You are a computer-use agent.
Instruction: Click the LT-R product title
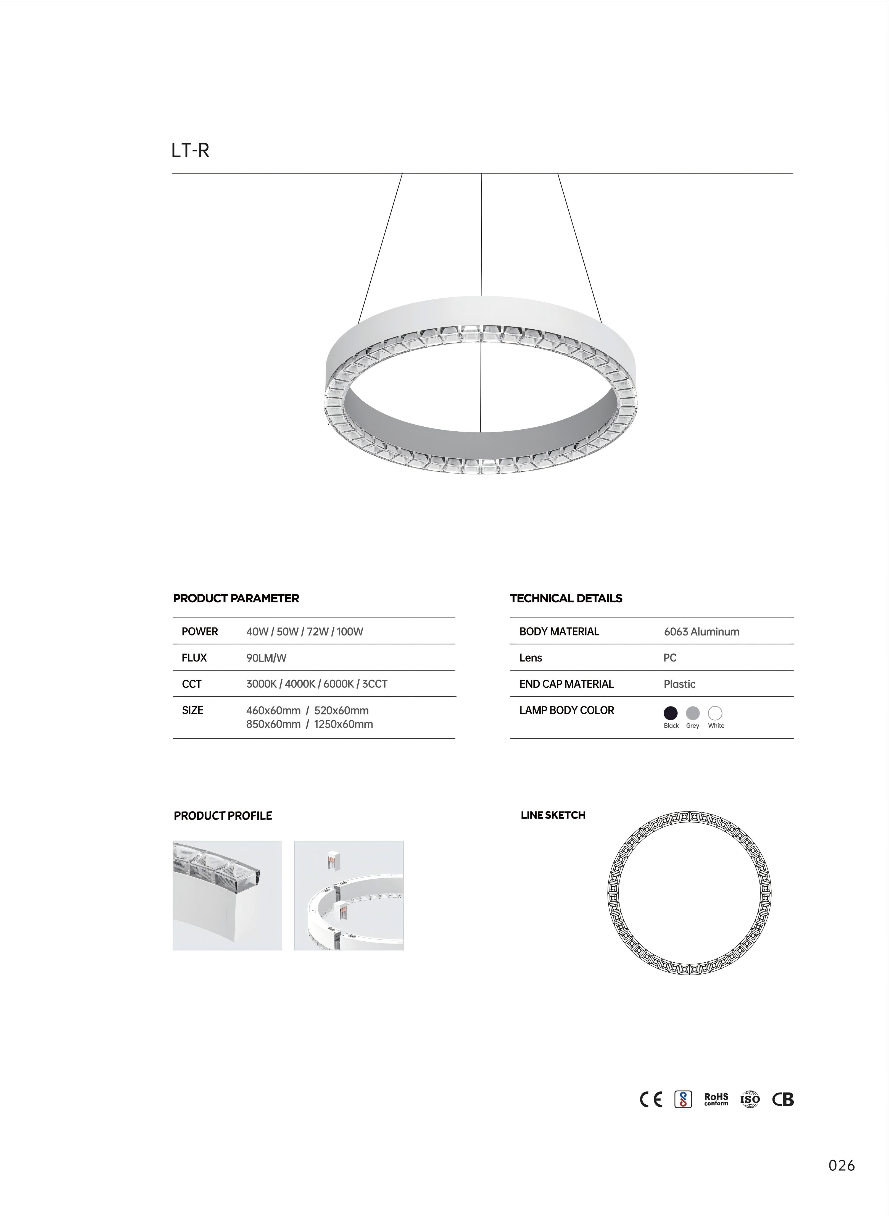[x=190, y=151]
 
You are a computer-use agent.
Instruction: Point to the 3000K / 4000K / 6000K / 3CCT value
[x=316, y=684]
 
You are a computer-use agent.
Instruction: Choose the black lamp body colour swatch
[x=671, y=713]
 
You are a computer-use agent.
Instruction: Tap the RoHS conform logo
[x=716, y=1099]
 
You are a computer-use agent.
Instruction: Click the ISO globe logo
[x=750, y=1099]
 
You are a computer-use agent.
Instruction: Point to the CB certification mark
[x=783, y=1099]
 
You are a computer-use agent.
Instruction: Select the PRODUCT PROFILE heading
[x=223, y=816]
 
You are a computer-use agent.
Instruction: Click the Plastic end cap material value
[x=679, y=684]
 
